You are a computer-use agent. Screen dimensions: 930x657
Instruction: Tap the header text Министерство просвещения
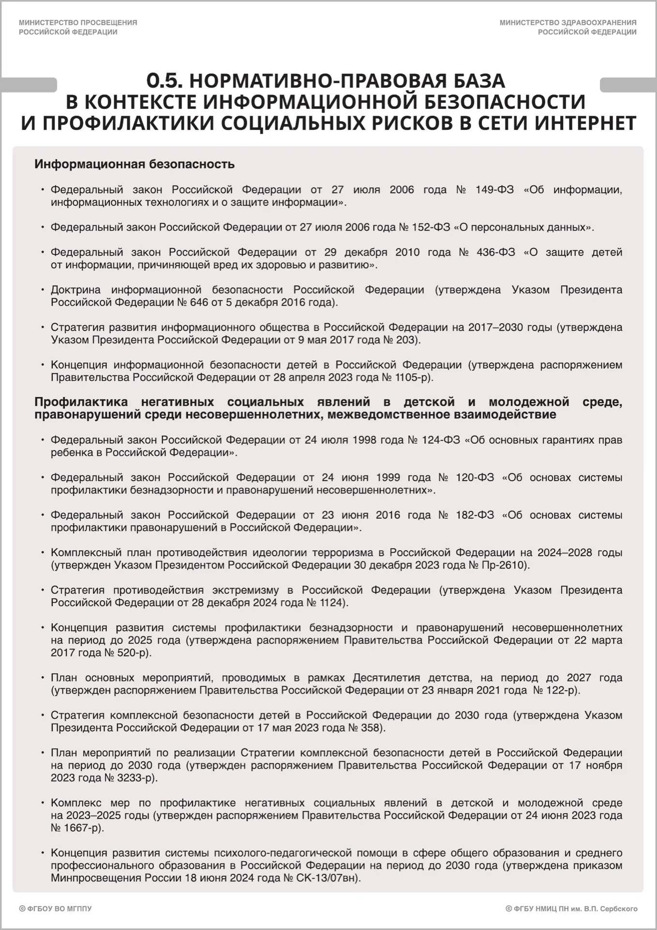(78, 23)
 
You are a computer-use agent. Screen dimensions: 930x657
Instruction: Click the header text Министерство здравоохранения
(568, 23)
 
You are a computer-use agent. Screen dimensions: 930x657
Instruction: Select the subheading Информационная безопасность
(134, 164)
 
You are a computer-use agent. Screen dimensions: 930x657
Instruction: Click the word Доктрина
(76, 290)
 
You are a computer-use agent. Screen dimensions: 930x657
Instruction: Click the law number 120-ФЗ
(475, 478)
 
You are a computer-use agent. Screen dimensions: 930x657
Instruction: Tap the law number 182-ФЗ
(475, 515)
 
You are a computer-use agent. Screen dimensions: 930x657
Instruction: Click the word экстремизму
(245, 590)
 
